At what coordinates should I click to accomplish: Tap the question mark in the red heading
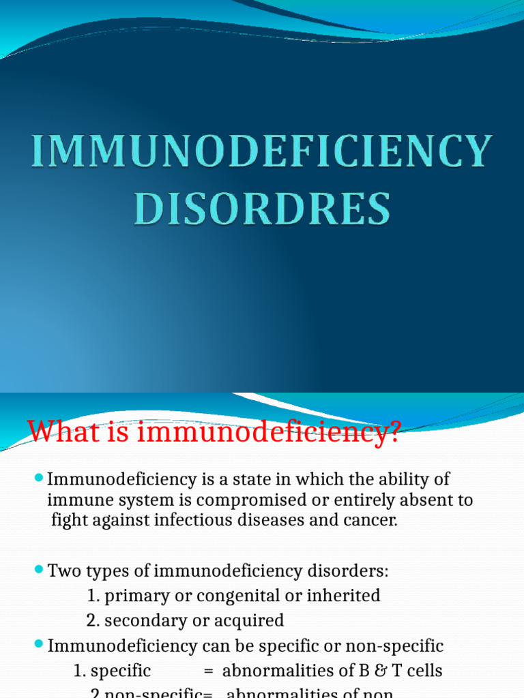coord(391,431)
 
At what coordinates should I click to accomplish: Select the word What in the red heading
coord(57,431)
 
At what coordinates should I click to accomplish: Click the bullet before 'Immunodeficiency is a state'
coord(39,479)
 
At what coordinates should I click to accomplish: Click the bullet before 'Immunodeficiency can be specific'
coord(39,644)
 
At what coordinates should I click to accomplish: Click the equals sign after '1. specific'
coord(209,671)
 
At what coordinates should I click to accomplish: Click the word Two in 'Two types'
coord(62,571)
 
